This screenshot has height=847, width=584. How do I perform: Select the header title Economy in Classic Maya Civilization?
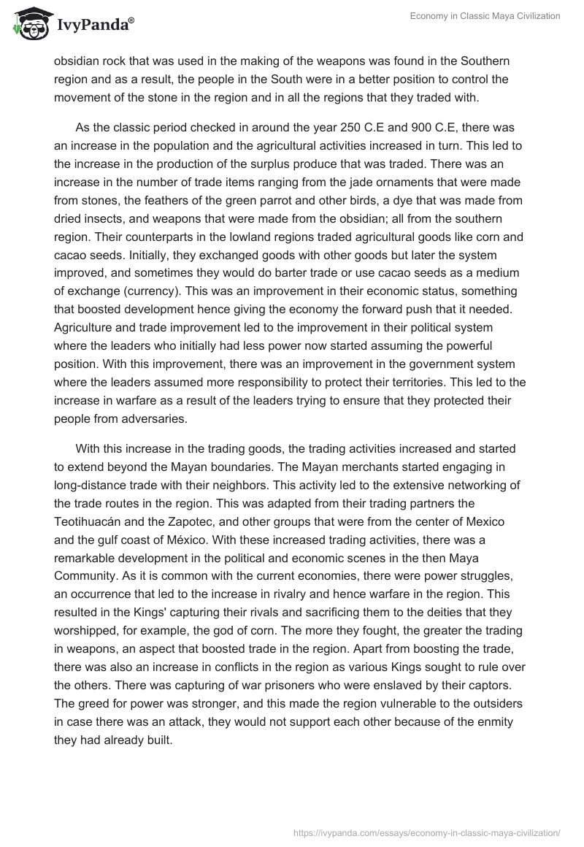483,16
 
